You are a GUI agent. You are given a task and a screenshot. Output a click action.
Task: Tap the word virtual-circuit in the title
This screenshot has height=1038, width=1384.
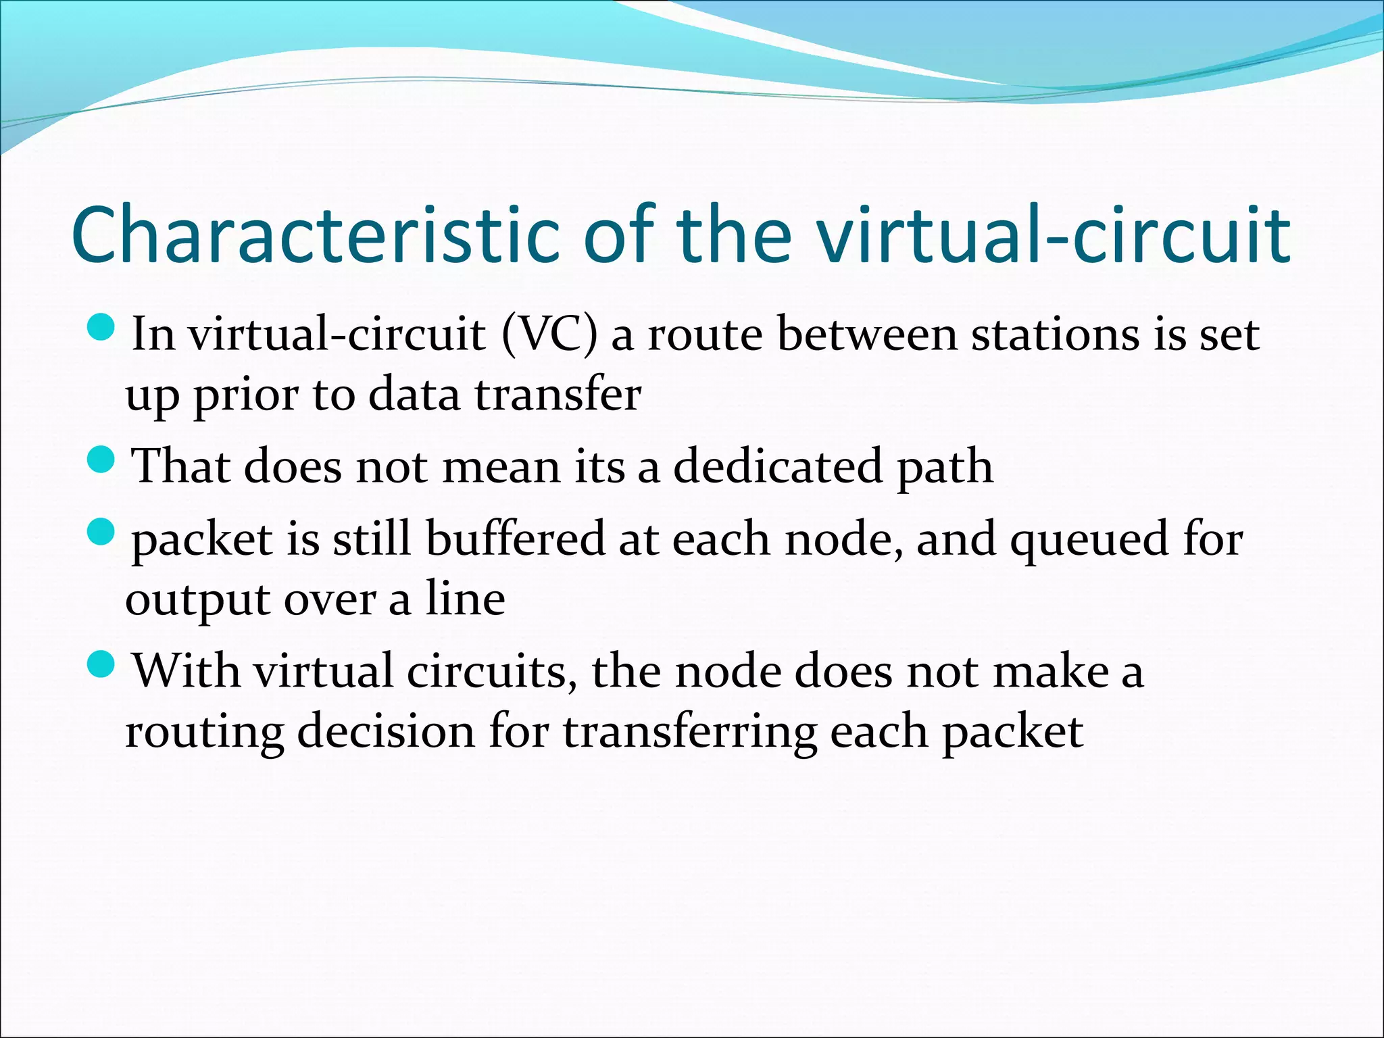[x=1054, y=234]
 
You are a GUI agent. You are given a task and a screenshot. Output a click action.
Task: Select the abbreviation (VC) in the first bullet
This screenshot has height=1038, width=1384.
[x=549, y=334]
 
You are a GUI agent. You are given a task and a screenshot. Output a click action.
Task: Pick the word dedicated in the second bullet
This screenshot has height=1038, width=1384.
[x=778, y=466]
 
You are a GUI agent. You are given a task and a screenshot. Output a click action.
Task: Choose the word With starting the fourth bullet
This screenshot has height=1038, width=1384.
[x=187, y=670]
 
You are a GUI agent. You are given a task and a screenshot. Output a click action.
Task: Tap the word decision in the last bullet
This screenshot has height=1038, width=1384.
[x=386, y=731]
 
